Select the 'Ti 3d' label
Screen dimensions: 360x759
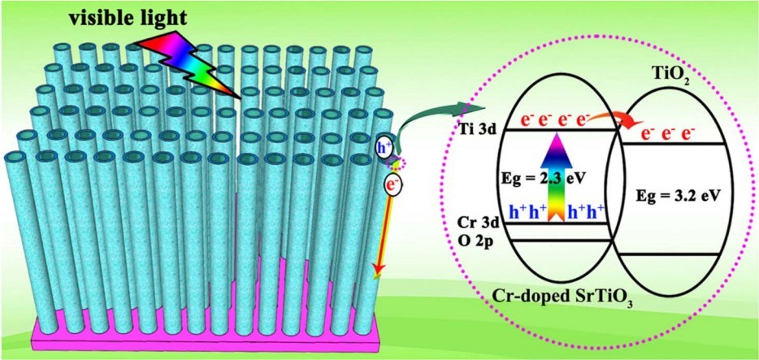(x=472, y=128)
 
